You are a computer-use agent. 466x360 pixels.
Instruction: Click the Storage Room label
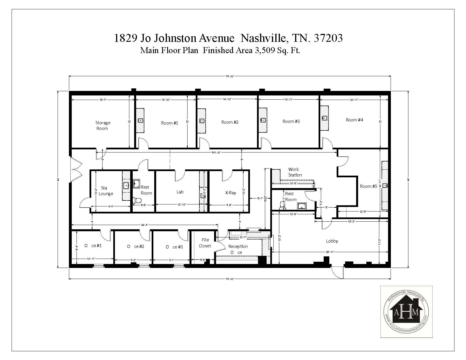point(103,125)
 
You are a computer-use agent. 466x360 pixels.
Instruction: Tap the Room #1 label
point(169,123)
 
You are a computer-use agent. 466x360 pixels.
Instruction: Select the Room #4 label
point(354,120)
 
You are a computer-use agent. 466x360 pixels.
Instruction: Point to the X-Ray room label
point(230,193)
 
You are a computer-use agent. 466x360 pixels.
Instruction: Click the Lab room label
point(180,192)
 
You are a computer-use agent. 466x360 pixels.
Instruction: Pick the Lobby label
point(332,241)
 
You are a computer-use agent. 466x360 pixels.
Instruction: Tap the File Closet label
point(205,243)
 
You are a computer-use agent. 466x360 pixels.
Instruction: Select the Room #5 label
point(368,186)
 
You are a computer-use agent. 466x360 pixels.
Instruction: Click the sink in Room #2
point(202,121)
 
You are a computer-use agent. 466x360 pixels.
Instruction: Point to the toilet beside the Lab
point(137,200)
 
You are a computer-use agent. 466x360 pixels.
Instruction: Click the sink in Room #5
point(385,186)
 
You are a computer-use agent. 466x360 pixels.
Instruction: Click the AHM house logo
point(406,311)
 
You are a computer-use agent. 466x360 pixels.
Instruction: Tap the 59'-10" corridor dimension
point(216,152)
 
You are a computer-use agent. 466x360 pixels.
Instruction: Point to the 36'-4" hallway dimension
point(145,225)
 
